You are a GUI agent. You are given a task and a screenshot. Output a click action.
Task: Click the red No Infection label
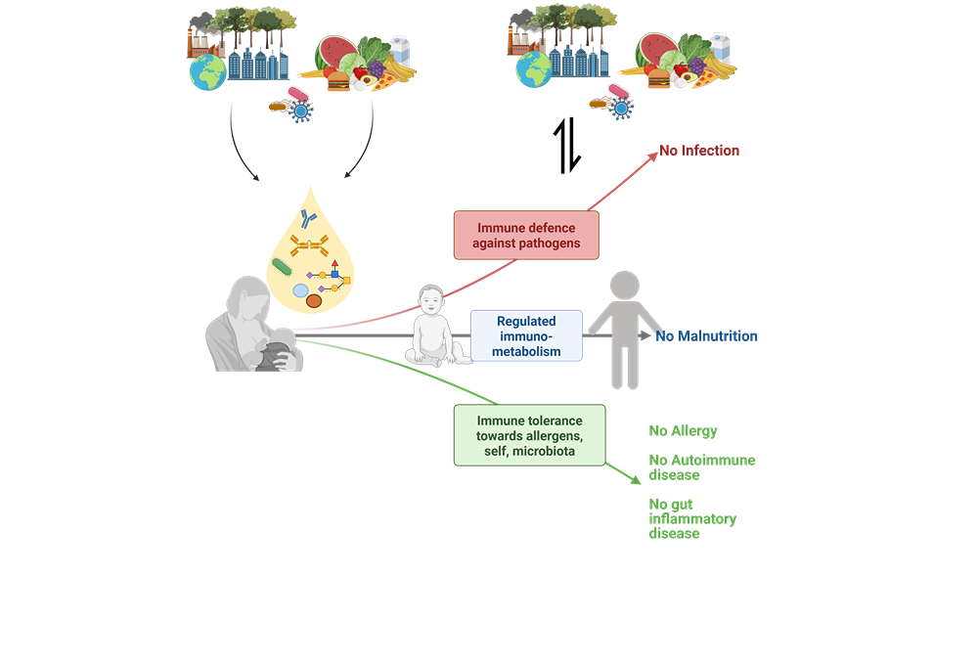coord(698,151)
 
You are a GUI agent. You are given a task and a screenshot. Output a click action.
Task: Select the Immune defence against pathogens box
coord(525,235)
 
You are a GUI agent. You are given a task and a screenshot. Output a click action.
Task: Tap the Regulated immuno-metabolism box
coord(526,335)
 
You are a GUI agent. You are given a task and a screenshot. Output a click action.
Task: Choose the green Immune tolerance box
coord(529,434)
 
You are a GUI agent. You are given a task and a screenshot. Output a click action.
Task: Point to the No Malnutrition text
coord(706,336)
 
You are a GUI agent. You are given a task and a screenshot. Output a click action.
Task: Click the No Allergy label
coord(683,430)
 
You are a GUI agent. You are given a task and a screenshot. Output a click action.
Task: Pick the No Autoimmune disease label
coord(701,466)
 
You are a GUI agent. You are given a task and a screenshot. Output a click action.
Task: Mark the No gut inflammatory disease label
coord(692,518)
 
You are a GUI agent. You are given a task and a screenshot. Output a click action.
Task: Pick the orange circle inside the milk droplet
coord(315,302)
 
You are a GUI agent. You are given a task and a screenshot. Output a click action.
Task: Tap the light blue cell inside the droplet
coord(300,290)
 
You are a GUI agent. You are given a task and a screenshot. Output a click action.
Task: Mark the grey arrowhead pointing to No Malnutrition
coord(645,335)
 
